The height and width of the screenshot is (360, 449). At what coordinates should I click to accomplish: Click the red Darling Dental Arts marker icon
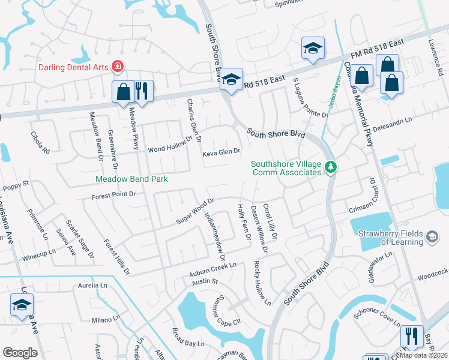point(118,67)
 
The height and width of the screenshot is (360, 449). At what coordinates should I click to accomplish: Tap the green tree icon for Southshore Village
point(330,167)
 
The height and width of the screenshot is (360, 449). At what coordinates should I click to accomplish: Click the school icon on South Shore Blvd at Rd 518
point(231,80)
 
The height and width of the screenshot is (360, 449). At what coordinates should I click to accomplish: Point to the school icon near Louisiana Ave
point(22,306)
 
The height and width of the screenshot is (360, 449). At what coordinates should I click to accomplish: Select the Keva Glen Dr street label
point(221,152)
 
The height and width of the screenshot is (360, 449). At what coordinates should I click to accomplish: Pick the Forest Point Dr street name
point(115,195)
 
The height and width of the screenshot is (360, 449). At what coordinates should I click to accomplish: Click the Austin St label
point(204,281)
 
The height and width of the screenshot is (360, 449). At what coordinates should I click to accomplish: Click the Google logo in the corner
point(20,353)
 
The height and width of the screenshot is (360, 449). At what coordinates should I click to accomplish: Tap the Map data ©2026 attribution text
point(423,355)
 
